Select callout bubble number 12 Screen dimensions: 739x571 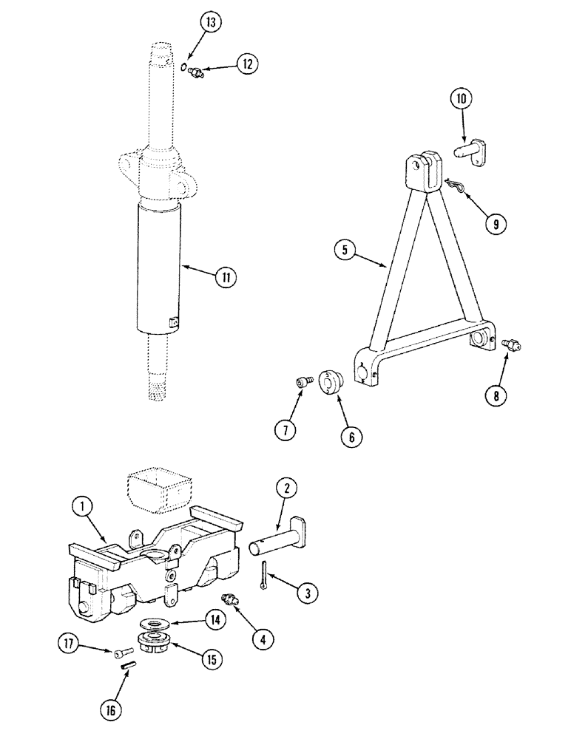[247, 64]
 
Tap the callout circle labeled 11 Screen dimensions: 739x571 [226, 277]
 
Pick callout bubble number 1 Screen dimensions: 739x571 [84, 507]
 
